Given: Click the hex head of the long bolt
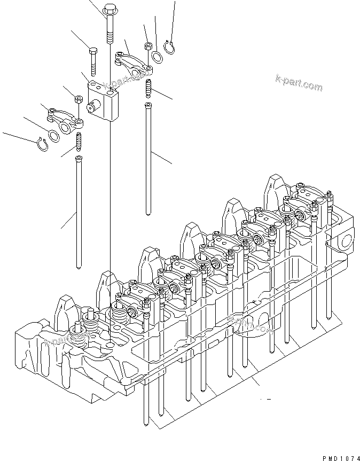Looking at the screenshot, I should (109, 9).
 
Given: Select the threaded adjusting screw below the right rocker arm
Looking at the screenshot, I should (148, 88).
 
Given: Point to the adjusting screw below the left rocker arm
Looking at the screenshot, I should (79, 142).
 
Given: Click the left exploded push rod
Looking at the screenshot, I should (79, 214).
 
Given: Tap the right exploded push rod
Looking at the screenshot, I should (148, 160).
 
